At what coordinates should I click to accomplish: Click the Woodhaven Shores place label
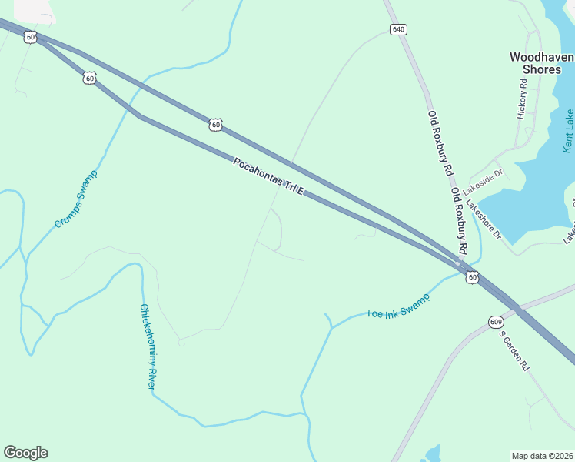(x=541, y=62)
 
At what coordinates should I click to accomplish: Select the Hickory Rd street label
(x=523, y=104)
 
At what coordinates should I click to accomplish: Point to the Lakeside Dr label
(x=483, y=178)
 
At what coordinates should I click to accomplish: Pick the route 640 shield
(x=397, y=29)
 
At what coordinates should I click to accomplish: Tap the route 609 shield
(x=494, y=321)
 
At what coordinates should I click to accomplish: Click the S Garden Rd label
(x=514, y=351)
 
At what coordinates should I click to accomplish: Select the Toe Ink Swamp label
(x=397, y=306)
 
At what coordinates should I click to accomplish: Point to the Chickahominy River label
(x=147, y=346)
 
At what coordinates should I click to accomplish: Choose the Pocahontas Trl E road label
(x=269, y=176)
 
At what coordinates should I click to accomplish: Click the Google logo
(x=25, y=453)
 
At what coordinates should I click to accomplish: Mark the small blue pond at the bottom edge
(x=432, y=454)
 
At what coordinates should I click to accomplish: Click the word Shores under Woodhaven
(x=541, y=69)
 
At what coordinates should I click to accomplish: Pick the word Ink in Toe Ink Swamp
(x=393, y=309)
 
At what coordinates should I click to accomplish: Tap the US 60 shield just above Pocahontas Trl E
(x=216, y=123)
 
